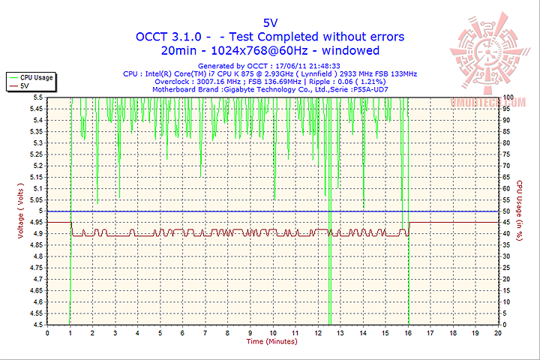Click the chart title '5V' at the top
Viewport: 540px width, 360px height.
tap(270, 22)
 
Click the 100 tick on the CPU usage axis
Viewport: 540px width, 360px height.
tap(508, 97)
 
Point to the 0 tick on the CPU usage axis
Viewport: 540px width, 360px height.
tap(505, 325)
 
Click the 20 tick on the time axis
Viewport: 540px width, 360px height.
tap(498, 332)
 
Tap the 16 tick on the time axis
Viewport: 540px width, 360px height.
tap(408, 332)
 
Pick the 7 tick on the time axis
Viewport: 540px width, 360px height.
tap(205, 332)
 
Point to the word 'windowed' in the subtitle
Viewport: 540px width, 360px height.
tap(352, 51)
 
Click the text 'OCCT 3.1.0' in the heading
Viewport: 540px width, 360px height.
tap(166, 36)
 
